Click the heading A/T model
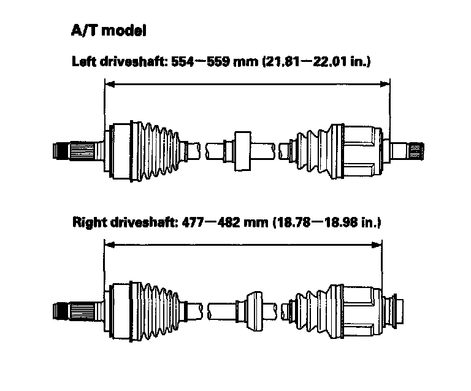click(109, 31)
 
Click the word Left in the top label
click(84, 62)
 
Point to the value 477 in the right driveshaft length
click(194, 222)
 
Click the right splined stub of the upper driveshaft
click(412, 151)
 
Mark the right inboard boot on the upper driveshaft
click(309, 151)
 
